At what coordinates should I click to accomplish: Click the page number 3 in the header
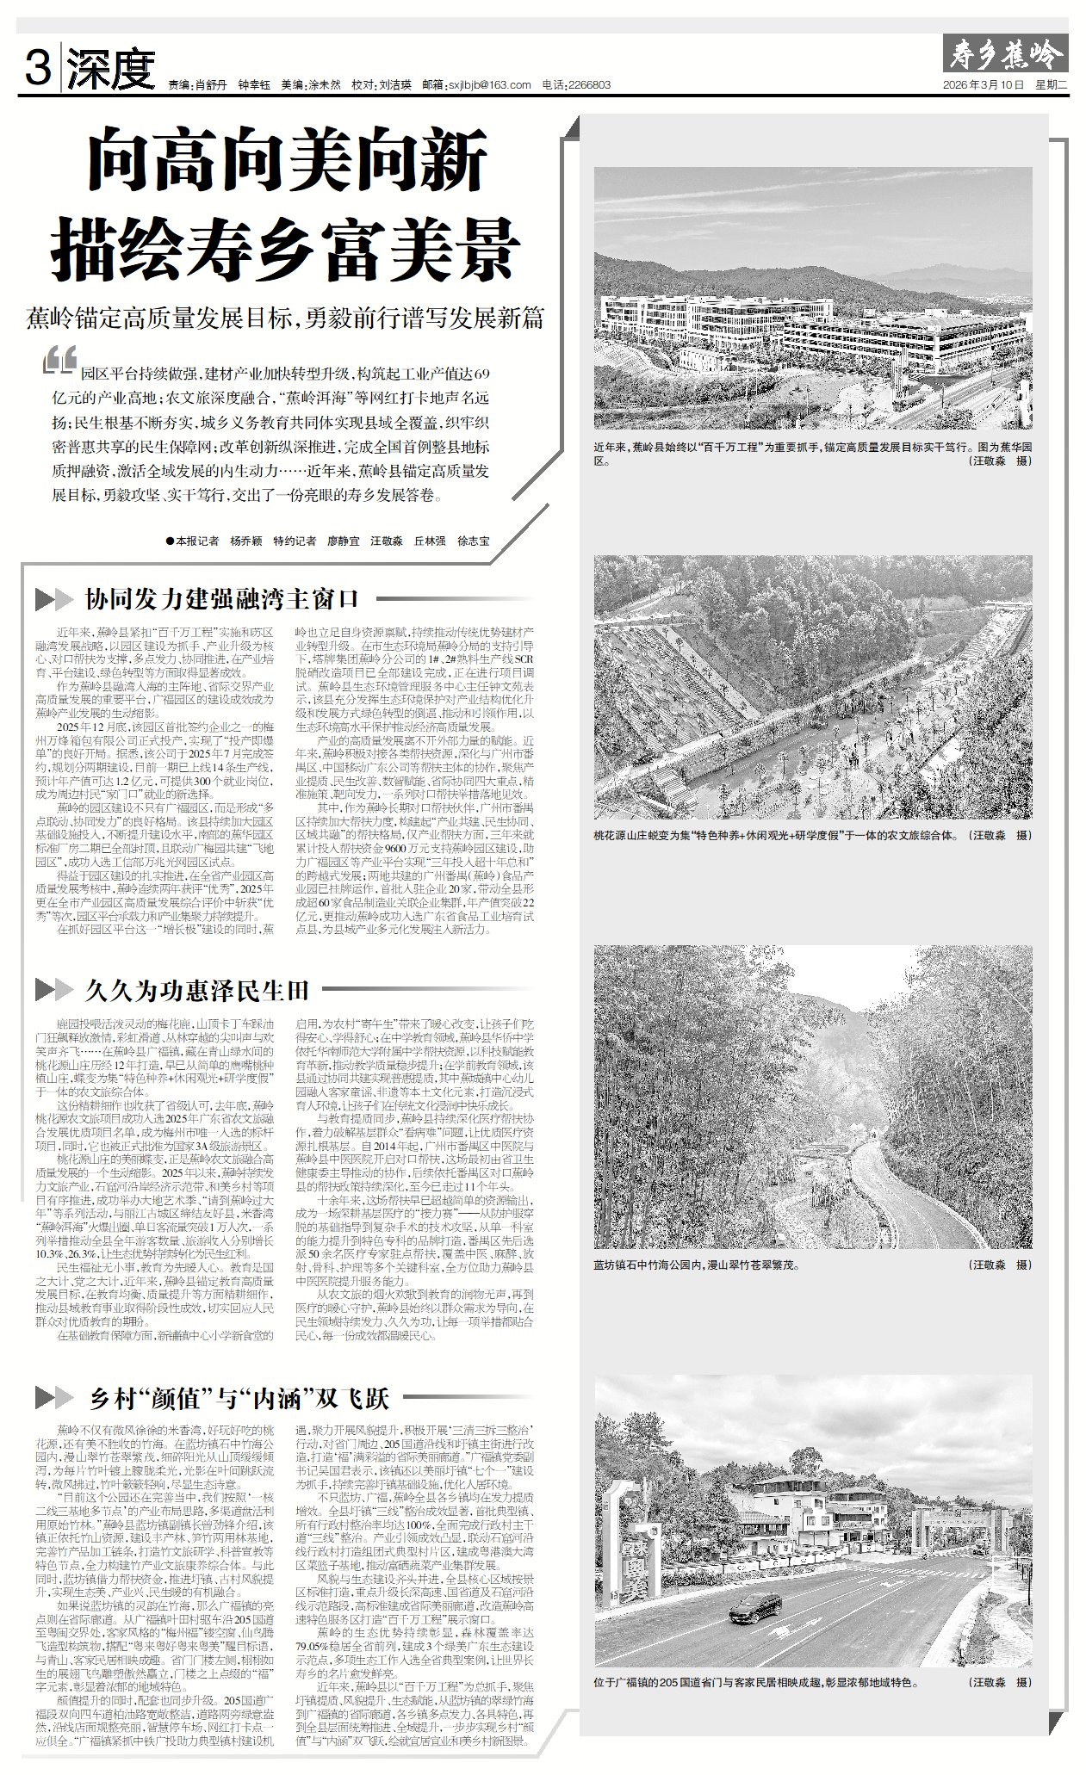click(x=36, y=68)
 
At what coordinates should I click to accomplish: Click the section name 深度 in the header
click(x=111, y=70)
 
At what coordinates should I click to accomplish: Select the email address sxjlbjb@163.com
click(x=488, y=85)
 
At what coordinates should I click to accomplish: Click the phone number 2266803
click(x=589, y=85)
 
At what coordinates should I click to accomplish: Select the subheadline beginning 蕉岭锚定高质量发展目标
click(x=285, y=318)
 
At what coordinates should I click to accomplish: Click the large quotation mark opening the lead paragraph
click(x=59, y=361)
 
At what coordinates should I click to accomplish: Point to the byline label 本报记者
click(x=197, y=541)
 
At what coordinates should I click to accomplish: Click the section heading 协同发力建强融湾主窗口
click(x=221, y=598)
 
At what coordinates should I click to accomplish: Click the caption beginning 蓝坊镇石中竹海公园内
click(x=697, y=1265)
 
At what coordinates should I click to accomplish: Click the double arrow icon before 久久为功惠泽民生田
click(x=53, y=990)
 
